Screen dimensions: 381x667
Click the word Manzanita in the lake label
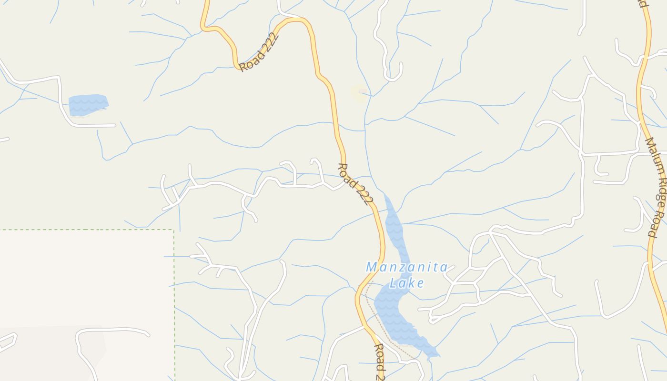[406, 267]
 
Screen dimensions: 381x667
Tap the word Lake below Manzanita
[406, 283]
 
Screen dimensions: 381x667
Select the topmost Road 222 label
[259, 52]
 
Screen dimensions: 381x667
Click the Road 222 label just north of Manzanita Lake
[355, 184]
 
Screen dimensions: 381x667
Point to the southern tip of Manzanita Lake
[435, 355]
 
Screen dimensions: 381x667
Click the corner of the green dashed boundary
[173, 230]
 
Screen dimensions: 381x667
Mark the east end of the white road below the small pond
[114, 125]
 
